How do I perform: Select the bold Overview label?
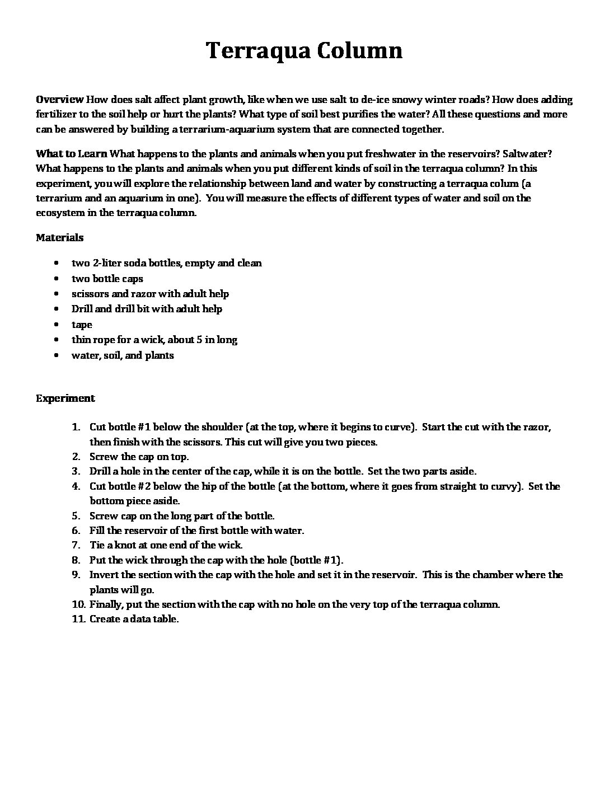[x=59, y=100]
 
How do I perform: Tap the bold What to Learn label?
[x=72, y=153]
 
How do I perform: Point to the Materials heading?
[x=60, y=237]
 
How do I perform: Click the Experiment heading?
[x=65, y=398]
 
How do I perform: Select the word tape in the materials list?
[x=82, y=325]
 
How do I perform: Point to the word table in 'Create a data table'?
[x=166, y=619]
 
